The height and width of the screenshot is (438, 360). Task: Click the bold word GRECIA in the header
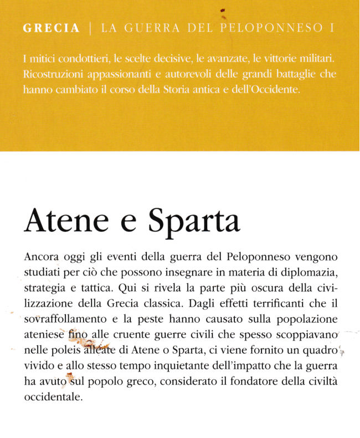click(x=52, y=28)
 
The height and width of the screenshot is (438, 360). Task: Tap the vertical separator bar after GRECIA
click(x=90, y=28)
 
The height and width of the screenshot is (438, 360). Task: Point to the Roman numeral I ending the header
click(x=332, y=28)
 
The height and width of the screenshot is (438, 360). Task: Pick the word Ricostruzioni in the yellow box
click(x=50, y=74)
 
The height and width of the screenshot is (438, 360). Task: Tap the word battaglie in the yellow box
click(x=288, y=74)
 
